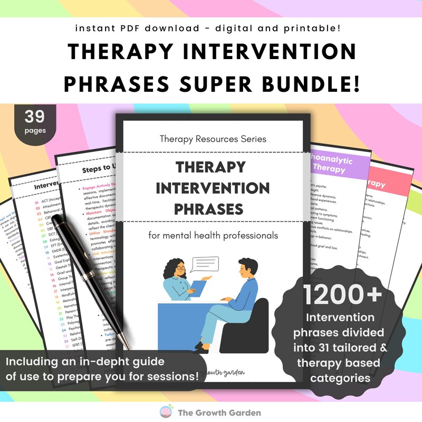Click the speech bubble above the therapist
[x=205, y=262]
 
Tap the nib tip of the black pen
[x=128, y=348]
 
